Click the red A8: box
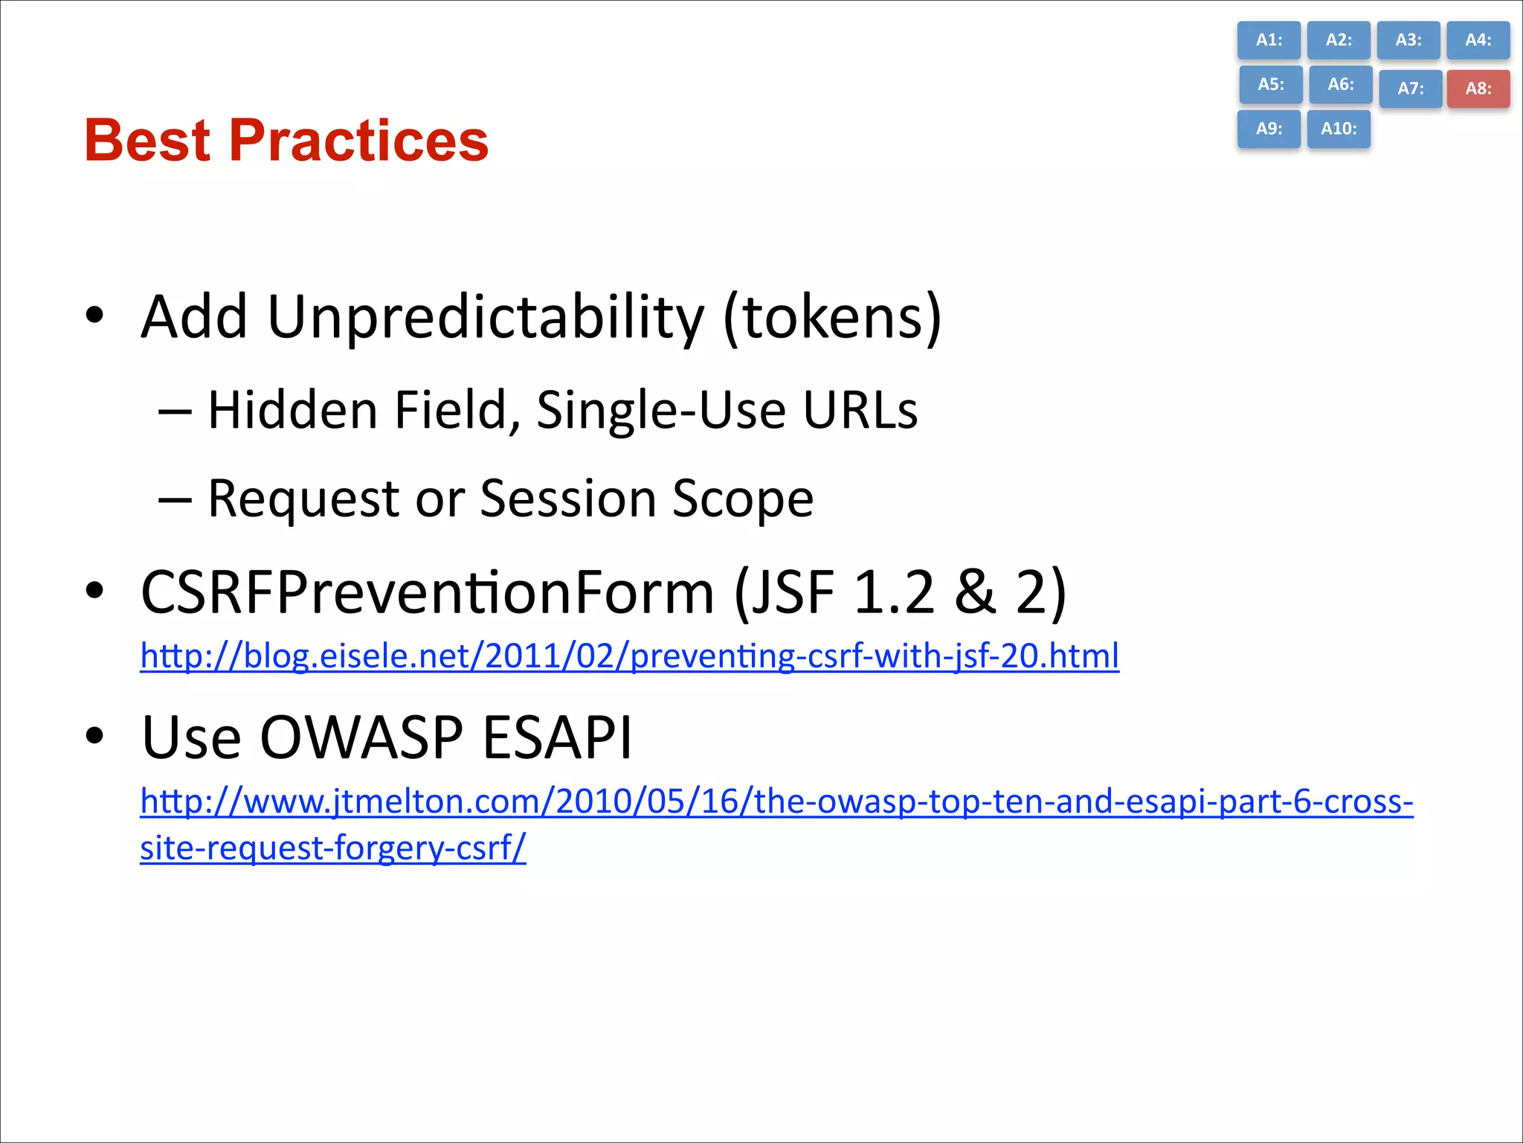[1478, 89]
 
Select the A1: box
[1269, 40]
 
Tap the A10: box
[1339, 129]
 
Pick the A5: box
[1270, 84]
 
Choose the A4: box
[1478, 40]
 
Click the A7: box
[1410, 89]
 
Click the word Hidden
[292, 410]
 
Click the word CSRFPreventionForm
[427, 592]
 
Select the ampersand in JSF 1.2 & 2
[975, 592]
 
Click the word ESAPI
[557, 737]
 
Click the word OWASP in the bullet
[361, 737]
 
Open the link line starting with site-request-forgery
[332, 848]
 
